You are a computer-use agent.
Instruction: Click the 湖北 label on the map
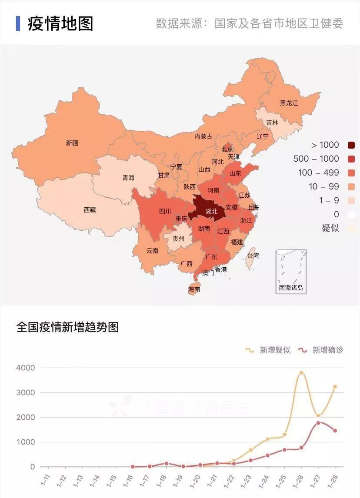[x=211, y=212]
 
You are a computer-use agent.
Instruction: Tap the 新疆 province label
[x=72, y=143]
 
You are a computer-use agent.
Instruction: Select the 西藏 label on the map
[x=90, y=210]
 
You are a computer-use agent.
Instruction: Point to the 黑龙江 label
[x=289, y=103]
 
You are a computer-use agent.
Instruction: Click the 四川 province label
[x=165, y=212]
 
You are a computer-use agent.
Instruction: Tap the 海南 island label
[x=194, y=289]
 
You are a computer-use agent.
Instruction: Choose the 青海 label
[x=128, y=178]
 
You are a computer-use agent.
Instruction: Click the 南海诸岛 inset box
[x=291, y=272]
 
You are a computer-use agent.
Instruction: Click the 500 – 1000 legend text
[x=316, y=159]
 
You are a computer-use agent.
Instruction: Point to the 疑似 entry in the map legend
[x=330, y=228]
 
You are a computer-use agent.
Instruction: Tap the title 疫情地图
[x=60, y=23]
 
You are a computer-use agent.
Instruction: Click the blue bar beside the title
[x=18, y=23]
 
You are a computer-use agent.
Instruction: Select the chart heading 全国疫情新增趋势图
[x=67, y=327]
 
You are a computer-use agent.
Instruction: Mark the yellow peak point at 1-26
[x=301, y=373]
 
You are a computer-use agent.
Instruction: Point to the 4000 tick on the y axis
[x=26, y=368]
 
